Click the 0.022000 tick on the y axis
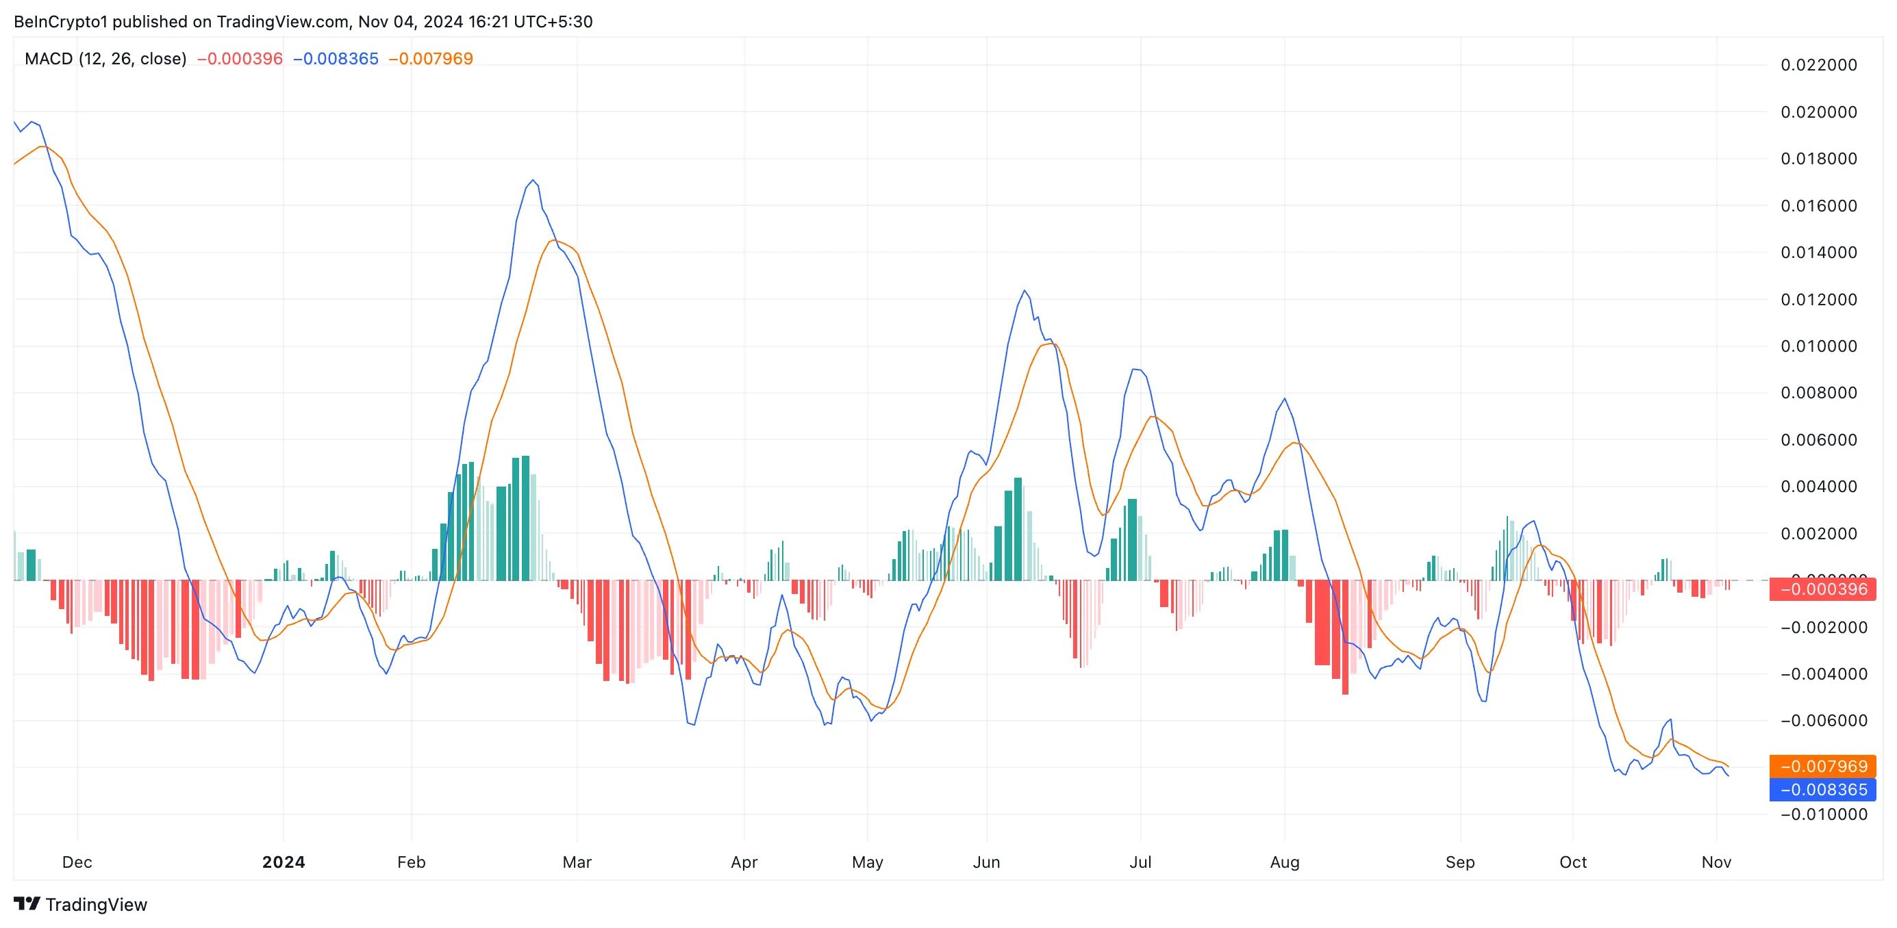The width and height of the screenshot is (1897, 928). (1818, 65)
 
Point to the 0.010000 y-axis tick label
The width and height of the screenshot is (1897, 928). (1818, 346)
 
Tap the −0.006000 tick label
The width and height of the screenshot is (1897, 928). (1822, 721)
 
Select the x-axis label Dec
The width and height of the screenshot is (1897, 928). (77, 862)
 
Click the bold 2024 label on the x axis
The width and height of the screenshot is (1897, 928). (284, 862)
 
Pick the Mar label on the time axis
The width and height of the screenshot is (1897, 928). (577, 862)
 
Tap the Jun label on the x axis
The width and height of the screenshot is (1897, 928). (986, 862)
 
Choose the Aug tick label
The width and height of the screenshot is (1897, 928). (1284, 862)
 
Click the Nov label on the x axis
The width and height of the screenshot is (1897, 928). (1716, 862)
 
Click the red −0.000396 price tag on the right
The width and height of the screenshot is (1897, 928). (1822, 589)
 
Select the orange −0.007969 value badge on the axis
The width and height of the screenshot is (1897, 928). (1822, 766)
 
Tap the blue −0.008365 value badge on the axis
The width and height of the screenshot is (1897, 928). (1822, 790)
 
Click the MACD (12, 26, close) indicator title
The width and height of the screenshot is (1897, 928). (105, 59)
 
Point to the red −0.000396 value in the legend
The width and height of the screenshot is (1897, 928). (240, 59)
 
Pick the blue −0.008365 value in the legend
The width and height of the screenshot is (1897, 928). (336, 59)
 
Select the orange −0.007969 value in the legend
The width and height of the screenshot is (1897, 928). (431, 59)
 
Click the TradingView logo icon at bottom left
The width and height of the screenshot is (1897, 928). (27, 904)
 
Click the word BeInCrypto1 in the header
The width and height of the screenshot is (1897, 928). (60, 21)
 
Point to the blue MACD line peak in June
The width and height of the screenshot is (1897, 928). (1025, 291)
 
